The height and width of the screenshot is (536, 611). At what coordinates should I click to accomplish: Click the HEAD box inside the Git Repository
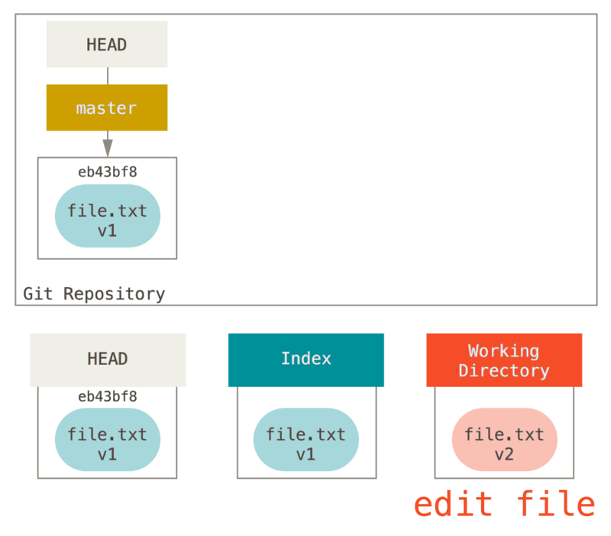(107, 44)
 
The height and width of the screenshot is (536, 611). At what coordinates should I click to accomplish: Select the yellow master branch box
(107, 108)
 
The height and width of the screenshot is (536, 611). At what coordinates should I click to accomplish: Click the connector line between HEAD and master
(107, 76)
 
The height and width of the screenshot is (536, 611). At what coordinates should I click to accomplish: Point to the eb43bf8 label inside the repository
(107, 172)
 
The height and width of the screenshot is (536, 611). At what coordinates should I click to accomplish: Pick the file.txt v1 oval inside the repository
(107, 217)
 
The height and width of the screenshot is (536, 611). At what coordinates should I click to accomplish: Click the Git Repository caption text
(94, 294)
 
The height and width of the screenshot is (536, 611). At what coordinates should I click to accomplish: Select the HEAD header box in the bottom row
(108, 359)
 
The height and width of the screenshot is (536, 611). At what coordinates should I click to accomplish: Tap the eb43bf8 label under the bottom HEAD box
(107, 396)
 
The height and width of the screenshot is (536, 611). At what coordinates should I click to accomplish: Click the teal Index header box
(305, 359)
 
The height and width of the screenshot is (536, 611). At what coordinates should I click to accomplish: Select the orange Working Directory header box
(504, 360)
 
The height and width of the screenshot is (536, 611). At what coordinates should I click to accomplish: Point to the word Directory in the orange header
(504, 371)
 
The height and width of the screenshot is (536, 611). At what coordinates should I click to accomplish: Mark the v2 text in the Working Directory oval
(504, 454)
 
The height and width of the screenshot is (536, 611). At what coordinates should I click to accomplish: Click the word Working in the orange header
(504, 351)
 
